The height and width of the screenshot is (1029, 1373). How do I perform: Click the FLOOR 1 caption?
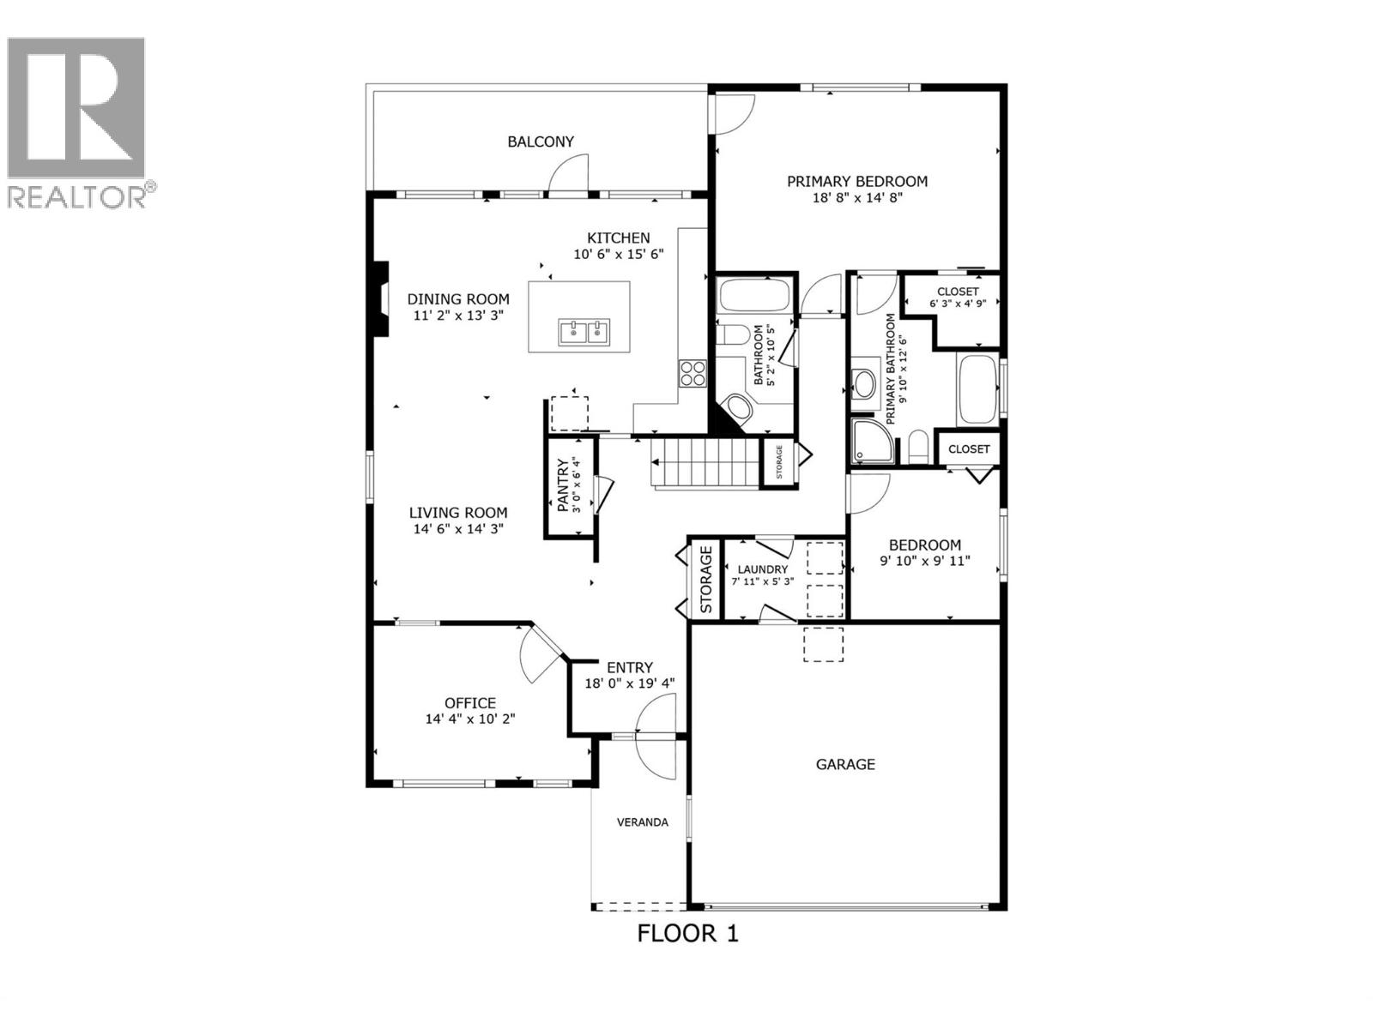687,933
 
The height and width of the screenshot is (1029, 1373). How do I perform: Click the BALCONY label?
541,141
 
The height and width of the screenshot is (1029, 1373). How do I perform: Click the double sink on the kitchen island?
584,332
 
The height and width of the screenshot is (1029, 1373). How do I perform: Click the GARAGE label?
845,764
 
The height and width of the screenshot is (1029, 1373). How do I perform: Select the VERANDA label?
643,822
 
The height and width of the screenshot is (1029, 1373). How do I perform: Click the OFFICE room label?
470,703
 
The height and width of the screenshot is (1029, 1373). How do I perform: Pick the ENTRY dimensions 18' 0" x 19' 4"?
630,683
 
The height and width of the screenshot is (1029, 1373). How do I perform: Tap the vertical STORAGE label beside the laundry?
706,580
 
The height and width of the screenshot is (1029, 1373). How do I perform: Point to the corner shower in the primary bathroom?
870,441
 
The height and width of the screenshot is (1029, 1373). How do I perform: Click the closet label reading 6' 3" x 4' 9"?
958,304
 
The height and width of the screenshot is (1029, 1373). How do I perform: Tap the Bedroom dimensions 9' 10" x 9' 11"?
924,562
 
